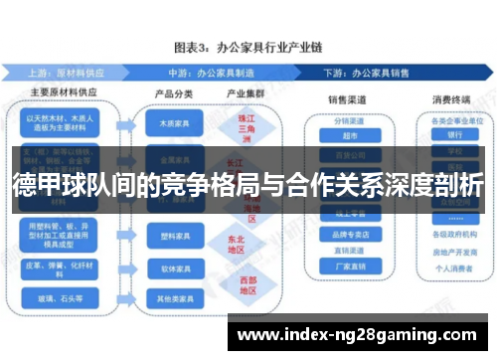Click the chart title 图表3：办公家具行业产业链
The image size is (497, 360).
[x=248, y=47]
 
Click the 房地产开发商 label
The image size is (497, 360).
[x=455, y=252]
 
